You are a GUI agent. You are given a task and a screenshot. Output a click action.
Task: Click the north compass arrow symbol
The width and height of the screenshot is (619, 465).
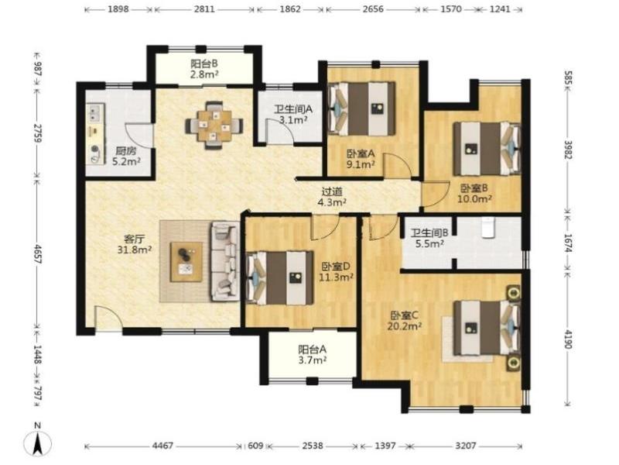point(37,443)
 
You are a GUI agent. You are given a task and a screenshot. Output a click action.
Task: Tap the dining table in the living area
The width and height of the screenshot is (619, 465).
point(214,126)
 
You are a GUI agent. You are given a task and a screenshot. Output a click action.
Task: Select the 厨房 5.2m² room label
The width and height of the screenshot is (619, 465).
point(126,156)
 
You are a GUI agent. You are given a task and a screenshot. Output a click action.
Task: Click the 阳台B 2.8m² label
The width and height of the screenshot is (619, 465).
point(204,69)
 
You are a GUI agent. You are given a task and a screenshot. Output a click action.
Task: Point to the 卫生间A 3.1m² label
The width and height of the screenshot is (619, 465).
point(293,114)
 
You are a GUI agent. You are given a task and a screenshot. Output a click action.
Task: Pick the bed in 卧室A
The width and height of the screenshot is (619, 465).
point(361,108)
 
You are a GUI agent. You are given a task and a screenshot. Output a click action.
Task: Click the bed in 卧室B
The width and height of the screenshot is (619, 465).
point(487,148)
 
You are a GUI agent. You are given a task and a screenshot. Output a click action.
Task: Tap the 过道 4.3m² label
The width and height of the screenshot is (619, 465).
point(332,197)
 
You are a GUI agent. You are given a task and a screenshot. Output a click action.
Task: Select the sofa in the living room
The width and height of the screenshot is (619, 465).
point(226,260)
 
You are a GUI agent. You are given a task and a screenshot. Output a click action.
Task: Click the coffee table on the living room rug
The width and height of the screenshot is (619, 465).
point(186,262)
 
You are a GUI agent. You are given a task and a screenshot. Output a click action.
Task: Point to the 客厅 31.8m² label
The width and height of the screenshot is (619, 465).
point(135,244)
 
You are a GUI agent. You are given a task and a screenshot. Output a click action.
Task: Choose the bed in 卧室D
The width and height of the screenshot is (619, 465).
point(280,278)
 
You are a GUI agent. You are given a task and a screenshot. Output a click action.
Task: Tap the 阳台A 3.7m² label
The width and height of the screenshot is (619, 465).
point(312,355)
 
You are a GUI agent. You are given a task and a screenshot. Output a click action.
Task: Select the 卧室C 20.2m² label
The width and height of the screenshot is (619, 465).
point(405,321)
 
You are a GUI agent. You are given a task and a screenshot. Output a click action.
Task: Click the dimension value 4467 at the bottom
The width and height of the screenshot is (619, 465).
point(162,446)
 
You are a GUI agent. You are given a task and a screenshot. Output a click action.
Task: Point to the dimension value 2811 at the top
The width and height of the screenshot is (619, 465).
point(204,9)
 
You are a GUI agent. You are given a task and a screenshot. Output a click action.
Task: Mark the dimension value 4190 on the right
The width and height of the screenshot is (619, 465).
point(568,339)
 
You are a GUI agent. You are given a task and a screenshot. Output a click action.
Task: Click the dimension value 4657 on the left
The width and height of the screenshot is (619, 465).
point(38,254)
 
